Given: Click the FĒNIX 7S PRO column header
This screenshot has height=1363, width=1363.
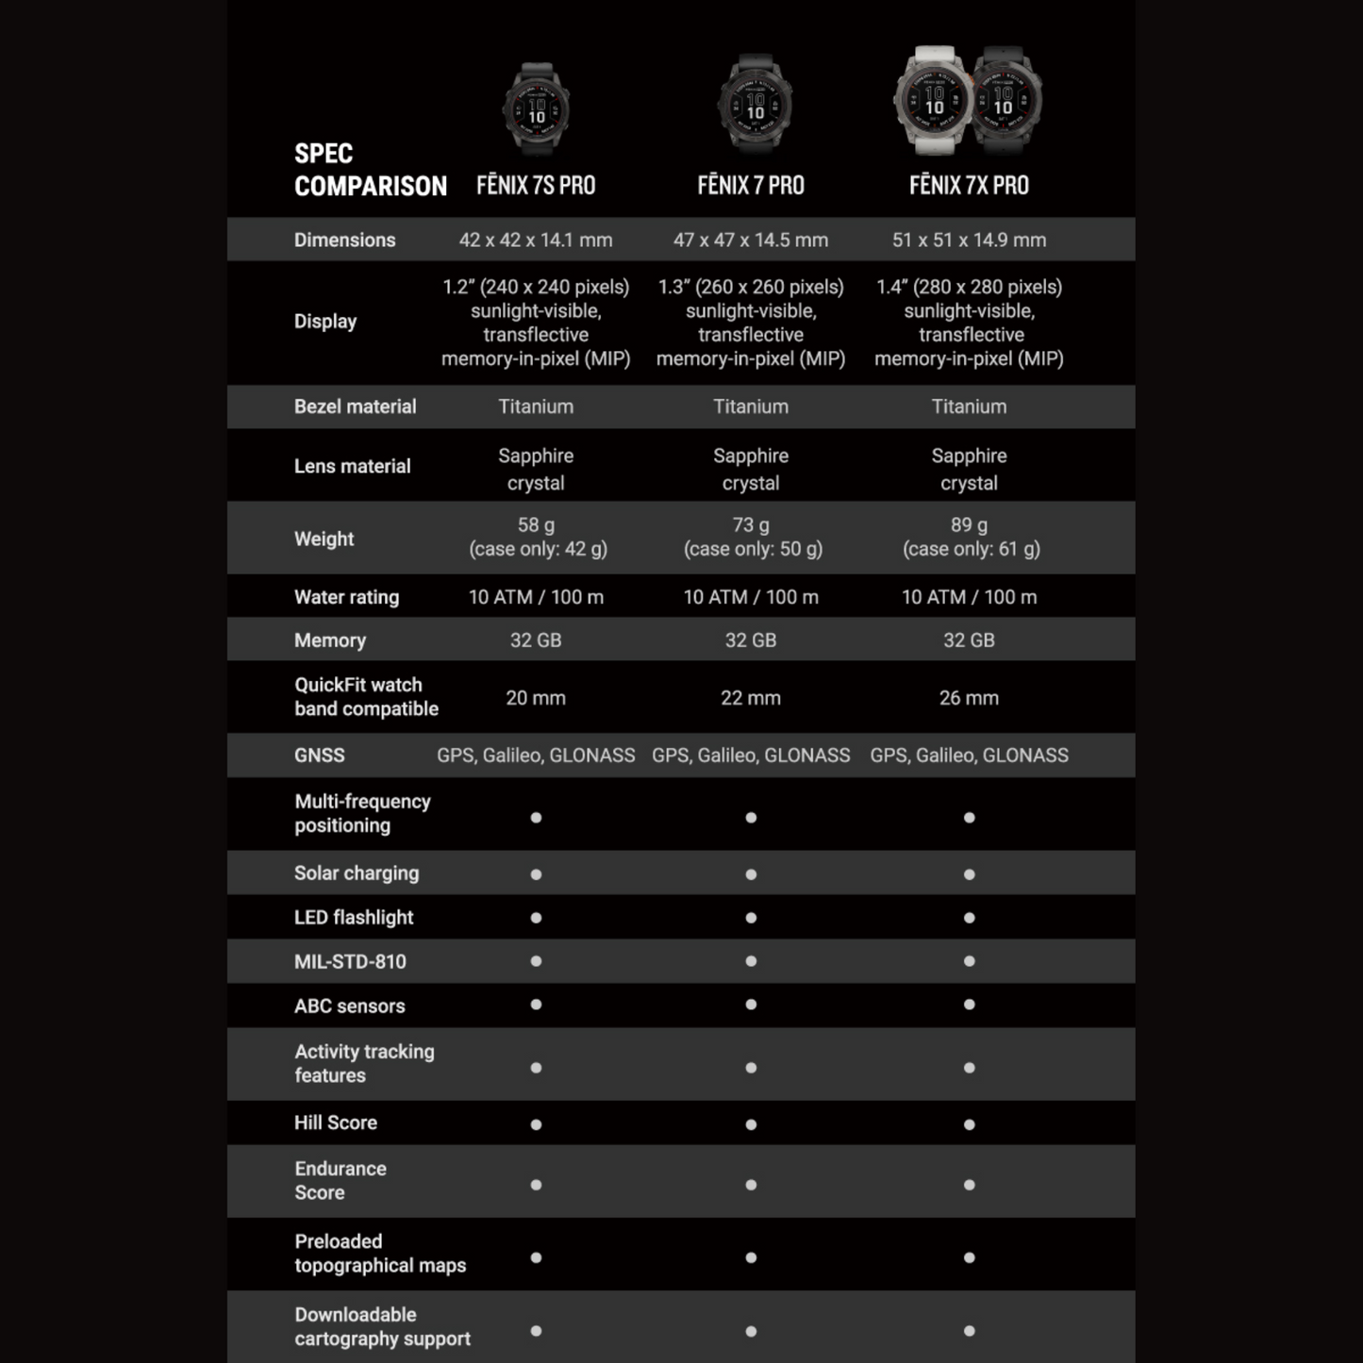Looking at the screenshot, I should [x=536, y=186].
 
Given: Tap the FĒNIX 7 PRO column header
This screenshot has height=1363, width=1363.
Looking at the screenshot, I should [x=751, y=186].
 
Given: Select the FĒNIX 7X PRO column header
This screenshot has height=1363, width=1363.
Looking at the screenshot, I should [x=969, y=186].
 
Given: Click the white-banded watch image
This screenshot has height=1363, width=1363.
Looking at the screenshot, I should [x=933, y=101].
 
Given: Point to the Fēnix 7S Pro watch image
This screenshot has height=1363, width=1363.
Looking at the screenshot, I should [x=536, y=108].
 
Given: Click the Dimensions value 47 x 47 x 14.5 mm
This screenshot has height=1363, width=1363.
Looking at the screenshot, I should [x=751, y=241].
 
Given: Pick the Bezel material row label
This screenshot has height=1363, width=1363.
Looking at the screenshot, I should [x=355, y=407].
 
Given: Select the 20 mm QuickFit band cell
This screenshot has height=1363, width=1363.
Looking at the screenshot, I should [x=536, y=698].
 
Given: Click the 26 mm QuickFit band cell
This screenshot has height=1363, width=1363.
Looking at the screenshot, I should [x=969, y=698].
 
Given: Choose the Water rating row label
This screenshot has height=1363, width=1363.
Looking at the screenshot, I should [x=346, y=597].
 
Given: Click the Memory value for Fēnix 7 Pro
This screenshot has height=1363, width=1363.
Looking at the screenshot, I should [x=751, y=640].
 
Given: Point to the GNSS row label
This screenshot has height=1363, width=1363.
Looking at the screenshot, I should [x=320, y=756].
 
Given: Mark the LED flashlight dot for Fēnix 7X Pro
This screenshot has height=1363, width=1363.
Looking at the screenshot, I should [x=969, y=918].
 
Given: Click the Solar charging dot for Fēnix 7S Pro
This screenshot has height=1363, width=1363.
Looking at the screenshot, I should [x=536, y=874].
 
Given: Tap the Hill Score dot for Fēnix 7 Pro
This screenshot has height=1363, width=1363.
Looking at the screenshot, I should [x=751, y=1124].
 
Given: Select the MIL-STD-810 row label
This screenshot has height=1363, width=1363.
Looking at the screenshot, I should [x=350, y=962].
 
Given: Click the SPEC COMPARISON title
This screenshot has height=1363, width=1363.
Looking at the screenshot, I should [x=370, y=170].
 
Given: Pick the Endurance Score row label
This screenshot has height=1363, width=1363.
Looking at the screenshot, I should [x=340, y=1181].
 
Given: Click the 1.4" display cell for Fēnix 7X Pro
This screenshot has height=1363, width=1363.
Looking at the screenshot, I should [x=969, y=323].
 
